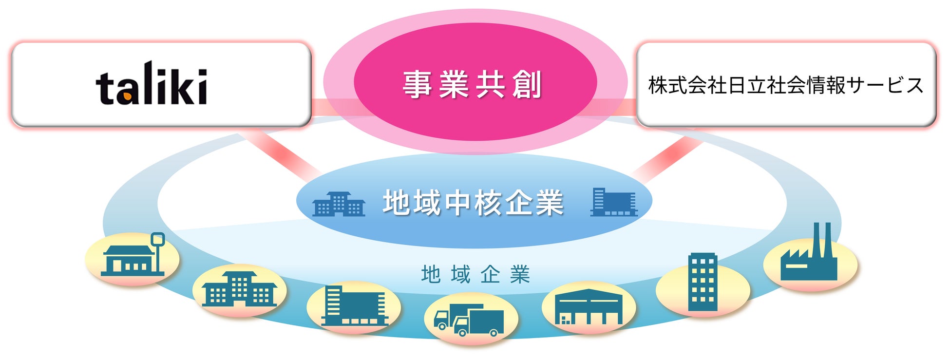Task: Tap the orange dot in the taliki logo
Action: (x=127, y=97)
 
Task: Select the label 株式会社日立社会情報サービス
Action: (x=785, y=85)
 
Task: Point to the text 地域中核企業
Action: (x=473, y=203)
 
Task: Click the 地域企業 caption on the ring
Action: (x=475, y=275)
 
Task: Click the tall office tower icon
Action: (x=702, y=282)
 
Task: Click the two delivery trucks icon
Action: (x=468, y=320)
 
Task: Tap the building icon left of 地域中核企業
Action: (x=339, y=204)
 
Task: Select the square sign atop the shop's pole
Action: (x=158, y=239)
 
